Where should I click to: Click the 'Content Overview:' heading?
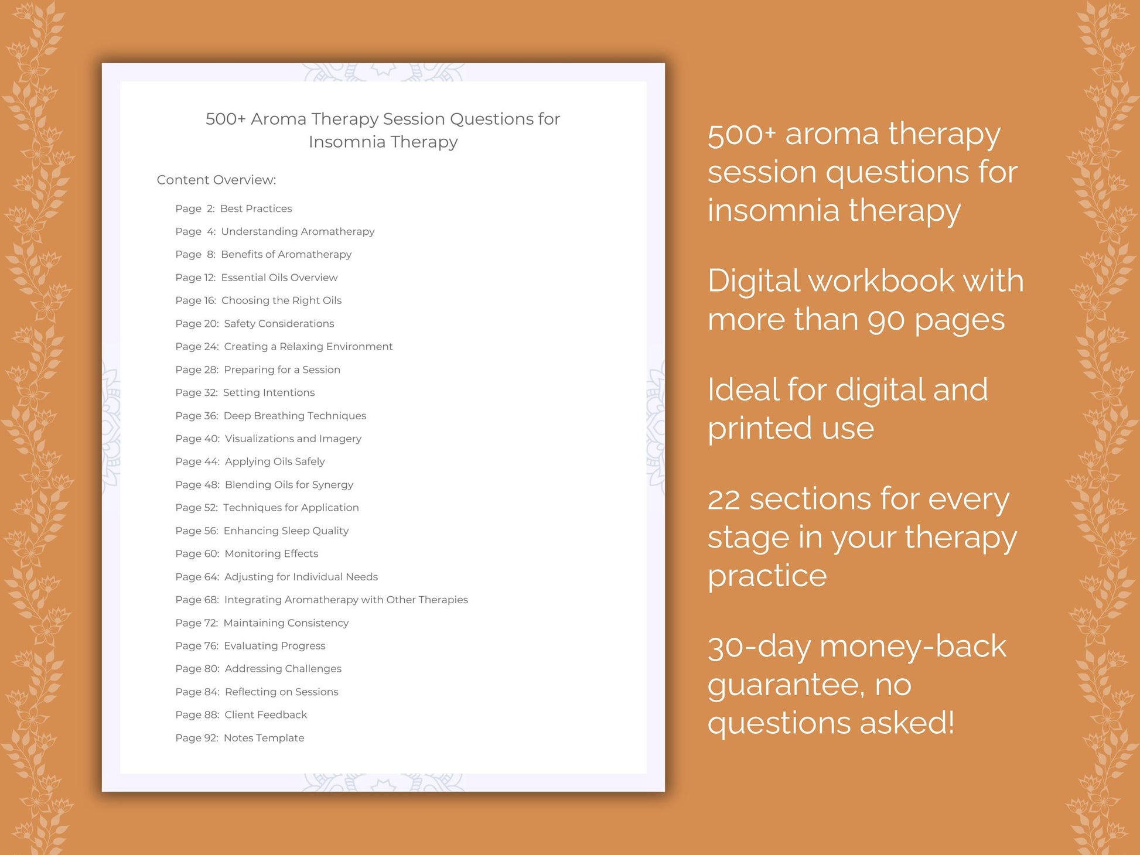tap(216, 180)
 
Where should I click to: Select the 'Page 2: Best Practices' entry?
tap(233, 208)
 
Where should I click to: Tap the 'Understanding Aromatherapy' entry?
tap(298, 231)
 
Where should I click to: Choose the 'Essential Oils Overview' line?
tap(279, 278)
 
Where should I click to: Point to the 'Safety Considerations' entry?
tap(279, 323)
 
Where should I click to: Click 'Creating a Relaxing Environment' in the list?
tap(308, 347)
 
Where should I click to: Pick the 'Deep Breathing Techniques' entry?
tap(295, 416)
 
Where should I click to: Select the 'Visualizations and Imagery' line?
tap(293, 439)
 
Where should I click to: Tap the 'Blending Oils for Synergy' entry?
tap(289, 485)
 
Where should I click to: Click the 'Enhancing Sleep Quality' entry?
tap(286, 531)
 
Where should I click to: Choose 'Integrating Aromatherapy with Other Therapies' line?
tap(346, 600)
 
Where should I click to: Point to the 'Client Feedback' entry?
tap(265, 714)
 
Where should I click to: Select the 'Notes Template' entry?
tap(264, 738)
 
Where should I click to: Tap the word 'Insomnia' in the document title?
tap(347, 142)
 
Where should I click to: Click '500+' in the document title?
tap(226, 119)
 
